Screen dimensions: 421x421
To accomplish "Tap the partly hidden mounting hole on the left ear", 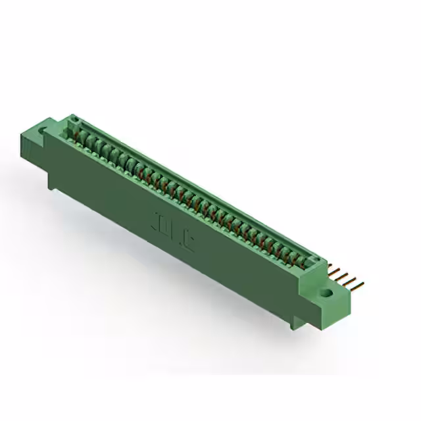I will click(x=45, y=132).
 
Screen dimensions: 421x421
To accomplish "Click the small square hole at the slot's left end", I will click(x=74, y=120).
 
